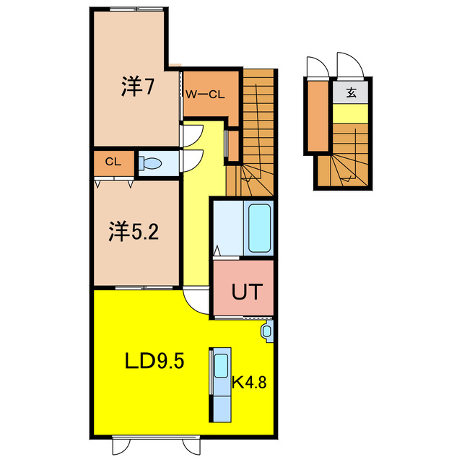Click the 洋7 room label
coord(138,87)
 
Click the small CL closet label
coord(112,162)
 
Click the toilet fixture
coord(151,164)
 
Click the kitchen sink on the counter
coord(220,367)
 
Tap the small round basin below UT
coord(266,331)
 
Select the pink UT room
coord(243,289)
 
